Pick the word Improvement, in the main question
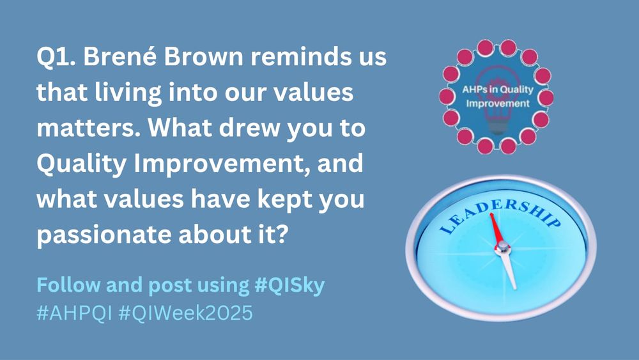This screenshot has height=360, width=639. [222, 164]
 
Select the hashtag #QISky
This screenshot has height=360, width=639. [289, 285]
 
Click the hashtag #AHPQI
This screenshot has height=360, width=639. [74, 313]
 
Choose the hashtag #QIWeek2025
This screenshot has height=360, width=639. [186, 313]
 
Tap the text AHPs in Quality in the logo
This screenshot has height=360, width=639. [498, 90]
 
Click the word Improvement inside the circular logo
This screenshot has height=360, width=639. [498, 103]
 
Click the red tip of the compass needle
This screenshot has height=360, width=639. [491, 214]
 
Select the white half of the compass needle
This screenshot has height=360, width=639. [509, 270]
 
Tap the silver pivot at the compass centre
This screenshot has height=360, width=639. [503, 247]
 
